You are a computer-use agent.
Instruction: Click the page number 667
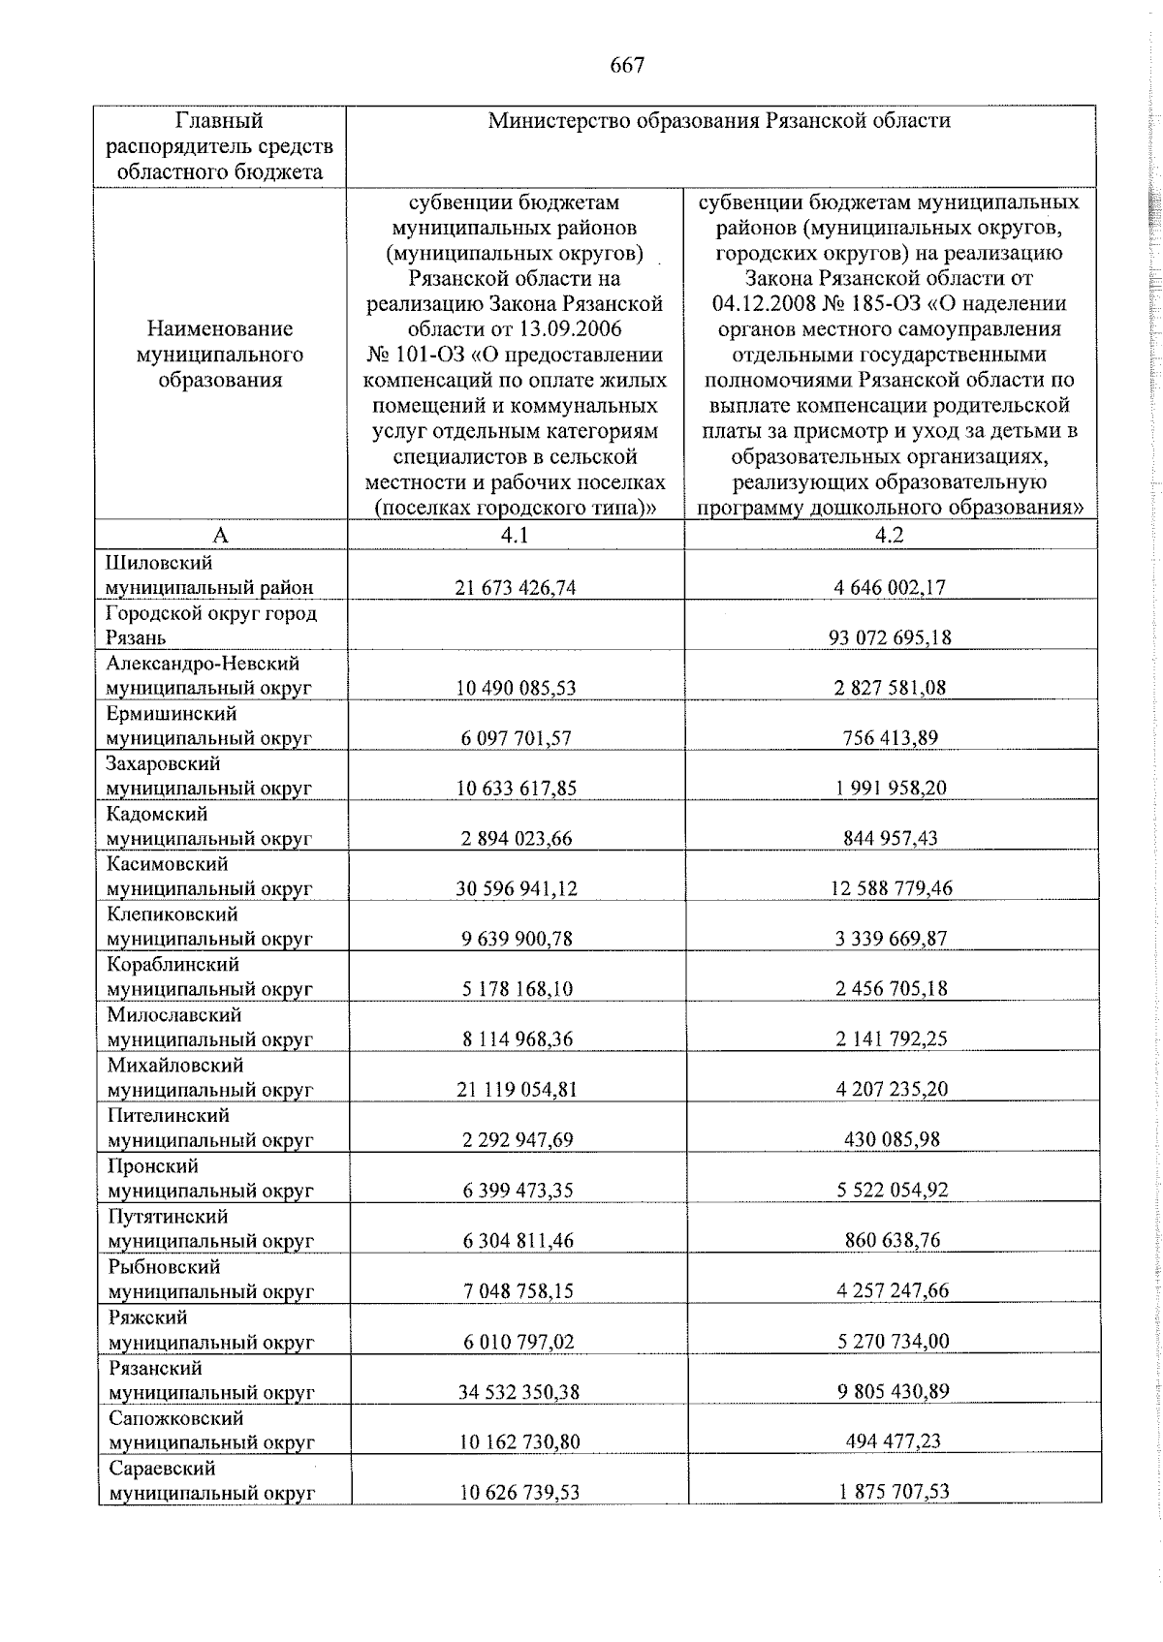(627, 66)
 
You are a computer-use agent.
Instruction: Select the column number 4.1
(516, 535)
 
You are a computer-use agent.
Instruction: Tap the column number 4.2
(889, 535)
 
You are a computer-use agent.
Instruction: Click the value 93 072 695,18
(890, 637)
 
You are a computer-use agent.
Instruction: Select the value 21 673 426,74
(516, 587)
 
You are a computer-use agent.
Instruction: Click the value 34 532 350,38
(517, 1392)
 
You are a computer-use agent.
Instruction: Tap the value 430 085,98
(892, 1140)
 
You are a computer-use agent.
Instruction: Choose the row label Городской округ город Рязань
(211, 625)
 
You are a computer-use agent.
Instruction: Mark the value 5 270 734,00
(893, 1342)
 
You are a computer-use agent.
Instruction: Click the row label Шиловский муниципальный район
(209, 574)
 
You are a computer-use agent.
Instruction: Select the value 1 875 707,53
(894, 1493)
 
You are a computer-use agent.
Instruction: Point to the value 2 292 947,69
(517, 1140)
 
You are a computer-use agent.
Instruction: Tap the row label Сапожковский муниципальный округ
(210, 1430)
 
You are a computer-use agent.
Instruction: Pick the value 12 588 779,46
(890, 888)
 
